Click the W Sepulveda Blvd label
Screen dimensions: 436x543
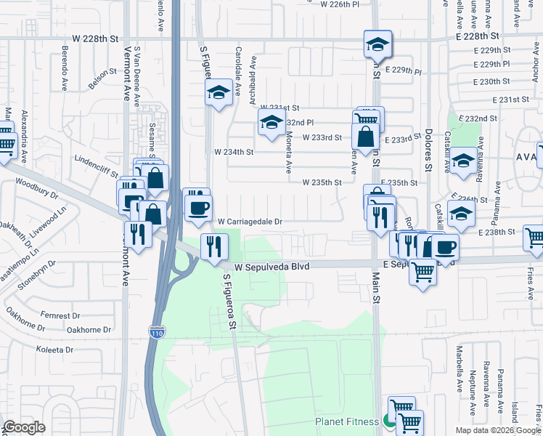pyautogui.click(x=271, y=267)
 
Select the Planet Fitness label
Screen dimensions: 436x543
pyautogui.click(x=347, y=421)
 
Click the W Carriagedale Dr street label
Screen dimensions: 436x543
pyautogui.click(x=250, y=222)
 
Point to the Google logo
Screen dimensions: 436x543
pyautogui.click(x=24, y=427)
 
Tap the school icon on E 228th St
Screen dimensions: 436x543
pyautogui.click(x=377, y=44)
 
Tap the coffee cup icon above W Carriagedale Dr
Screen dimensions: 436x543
pyautogui.click(x=197, y=209)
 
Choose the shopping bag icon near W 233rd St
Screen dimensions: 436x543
pyautogui.click(x=366, y=136)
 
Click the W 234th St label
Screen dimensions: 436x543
pyautogui.click(x=234, y=152)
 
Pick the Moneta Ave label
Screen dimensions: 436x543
pyautogui.click(x=287, y=152)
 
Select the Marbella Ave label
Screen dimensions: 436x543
pyautogui.click(x=459, y=376)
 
